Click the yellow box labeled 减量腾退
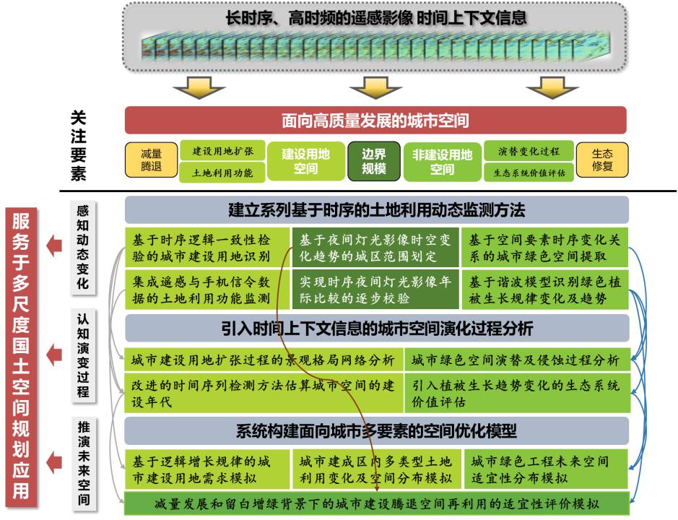point(152,160)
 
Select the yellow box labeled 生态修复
point(602,160)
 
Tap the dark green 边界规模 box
point(373,161)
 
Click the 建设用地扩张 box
point(222,150)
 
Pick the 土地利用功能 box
point(222,173)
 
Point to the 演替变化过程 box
point(529,150)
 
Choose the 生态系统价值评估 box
point(529,173)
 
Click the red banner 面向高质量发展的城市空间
point(375,121)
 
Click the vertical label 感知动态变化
point(82,247)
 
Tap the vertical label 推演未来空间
point(84,463)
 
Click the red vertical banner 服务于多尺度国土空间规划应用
point(21,356)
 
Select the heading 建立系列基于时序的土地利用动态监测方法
point(377,210)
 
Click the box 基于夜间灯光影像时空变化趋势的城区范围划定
point(375,248)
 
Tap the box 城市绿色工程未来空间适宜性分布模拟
point(546,469)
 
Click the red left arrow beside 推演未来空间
point(54,462)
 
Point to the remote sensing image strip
point(375,45)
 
